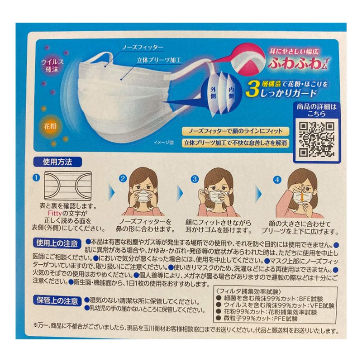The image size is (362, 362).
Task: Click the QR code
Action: click(x=316, y=139)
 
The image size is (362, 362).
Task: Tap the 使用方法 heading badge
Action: click(x=58, y=162)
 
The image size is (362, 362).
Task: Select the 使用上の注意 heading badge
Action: click(x=57, y=243)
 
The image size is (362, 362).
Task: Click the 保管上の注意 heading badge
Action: click(x=57, y=301)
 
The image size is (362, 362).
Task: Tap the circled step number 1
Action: click(x=37, y=178)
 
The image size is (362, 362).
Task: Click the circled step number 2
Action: click(x=123, y=178)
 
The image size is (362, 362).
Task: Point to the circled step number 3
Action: click(x=195, y=179)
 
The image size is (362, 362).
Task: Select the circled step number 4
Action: click(x=277, y=180)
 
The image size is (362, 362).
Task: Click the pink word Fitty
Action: click(x=55, y=213)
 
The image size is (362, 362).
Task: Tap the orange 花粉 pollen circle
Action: click(x=50, y=127)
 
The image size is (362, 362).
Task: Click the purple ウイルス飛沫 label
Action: click(x=52, y=65)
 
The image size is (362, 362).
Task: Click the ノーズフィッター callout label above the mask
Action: click(x=143, y=48)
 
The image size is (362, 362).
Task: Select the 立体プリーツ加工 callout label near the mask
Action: click(x=159, y=60)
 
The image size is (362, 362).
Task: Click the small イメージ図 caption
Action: click(x=163, y=143)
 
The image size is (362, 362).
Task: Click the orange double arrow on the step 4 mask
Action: click(x=301, y=197)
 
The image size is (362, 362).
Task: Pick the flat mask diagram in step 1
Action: click(x=68, y=186)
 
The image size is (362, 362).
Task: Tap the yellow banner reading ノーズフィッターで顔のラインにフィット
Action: click(x=235, y=131)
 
